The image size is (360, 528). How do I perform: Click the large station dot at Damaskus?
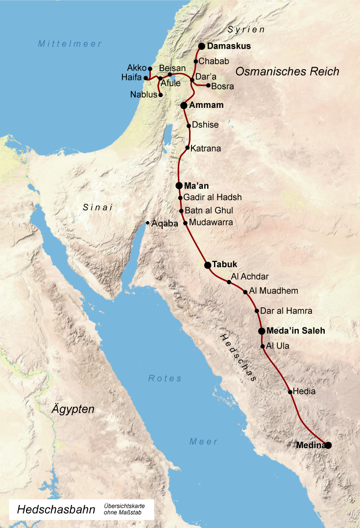(x=201, y=47)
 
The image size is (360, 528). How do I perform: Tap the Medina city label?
(x=311, y=445)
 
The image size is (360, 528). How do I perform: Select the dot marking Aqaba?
(x=148, y=223)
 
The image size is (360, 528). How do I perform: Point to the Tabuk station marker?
(x=208, y=265)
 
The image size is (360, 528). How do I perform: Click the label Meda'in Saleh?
(x=296, y=331)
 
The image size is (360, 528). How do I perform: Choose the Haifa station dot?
(x=145, y=78)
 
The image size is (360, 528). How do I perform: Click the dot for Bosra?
(x=208, y=85)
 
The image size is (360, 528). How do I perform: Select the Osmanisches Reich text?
(x=287, y=72)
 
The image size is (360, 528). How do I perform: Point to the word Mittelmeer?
(x=70, y=44)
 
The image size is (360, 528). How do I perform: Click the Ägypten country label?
(x=73, y=409)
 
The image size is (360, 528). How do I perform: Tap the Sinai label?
(x=98, y=207)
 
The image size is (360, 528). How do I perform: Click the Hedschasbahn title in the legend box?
(x=56, y=510)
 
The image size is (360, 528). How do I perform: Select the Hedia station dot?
(x=290, y=392)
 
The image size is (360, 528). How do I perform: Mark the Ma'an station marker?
(x=179, y=186)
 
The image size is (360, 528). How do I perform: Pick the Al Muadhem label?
(x=274, y=291)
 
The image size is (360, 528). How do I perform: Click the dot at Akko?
(x=150, y=69)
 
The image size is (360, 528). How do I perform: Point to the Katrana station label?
(x=206, y=148)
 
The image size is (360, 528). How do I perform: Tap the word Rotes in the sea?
(x=165, y=378)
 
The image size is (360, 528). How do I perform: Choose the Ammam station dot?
(x=184, y=105)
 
